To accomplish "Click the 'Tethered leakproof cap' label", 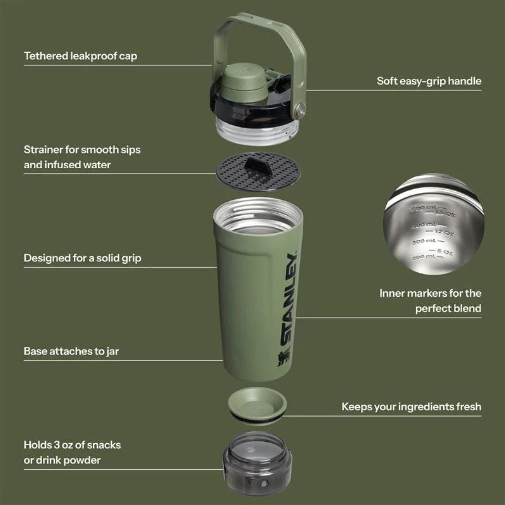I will pos(80,56).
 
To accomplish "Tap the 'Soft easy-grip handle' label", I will pos(429,81).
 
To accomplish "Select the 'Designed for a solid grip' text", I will pos(82,258).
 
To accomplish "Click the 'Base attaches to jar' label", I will pos(71,351).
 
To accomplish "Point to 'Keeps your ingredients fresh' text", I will pos(411,407).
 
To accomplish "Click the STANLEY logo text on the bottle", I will pos(288,299).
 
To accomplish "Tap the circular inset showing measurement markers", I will pos(433,224).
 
